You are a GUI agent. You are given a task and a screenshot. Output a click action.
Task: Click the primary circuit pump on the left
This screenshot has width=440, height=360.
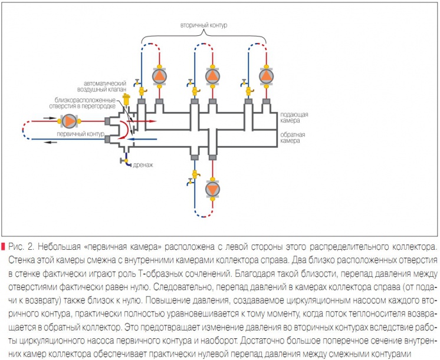pos(70,121)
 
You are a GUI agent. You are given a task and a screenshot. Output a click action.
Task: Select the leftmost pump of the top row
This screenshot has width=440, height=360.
pos(159,75)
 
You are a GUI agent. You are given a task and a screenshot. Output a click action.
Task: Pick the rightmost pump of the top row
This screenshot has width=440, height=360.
pos(265,75)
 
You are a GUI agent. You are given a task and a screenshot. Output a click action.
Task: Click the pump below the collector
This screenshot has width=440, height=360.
pos(212,189)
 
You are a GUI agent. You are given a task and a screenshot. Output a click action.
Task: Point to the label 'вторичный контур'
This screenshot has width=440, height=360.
pos(203,26)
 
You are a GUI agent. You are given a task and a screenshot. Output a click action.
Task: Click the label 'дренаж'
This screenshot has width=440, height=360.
pos(143,165)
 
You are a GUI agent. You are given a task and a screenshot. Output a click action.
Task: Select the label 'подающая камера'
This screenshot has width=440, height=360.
pos(293,116)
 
